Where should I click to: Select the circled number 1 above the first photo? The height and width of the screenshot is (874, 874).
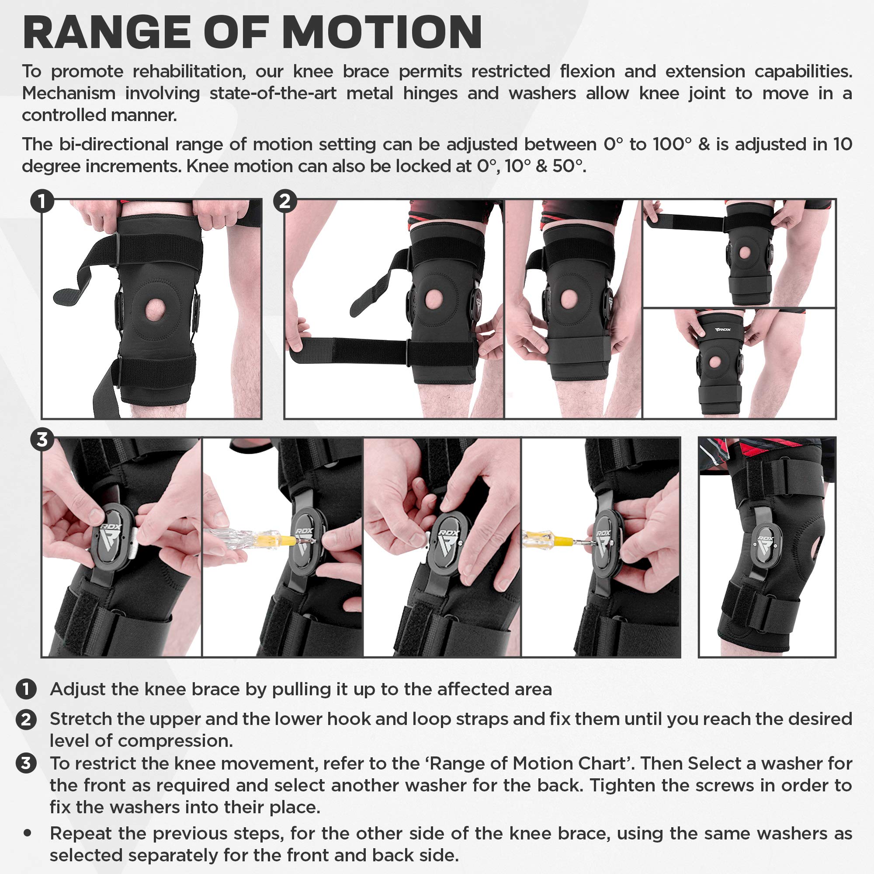click(x=42, y=201)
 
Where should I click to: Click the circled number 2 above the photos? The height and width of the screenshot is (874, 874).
click(x=285, y=201)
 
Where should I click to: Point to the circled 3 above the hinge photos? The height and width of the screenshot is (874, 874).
click(x=42, y=439)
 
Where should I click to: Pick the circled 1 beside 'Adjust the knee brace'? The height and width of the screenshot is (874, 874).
click(x=26, y=690)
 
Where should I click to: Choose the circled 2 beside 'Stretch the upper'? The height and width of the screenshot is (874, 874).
click(x=26, y=720)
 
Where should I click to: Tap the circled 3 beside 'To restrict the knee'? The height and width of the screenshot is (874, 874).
click(x=26, y=763)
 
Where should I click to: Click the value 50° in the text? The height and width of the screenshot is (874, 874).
click(x=569, y=166)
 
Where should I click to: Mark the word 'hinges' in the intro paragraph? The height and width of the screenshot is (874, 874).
click(x=430, y=94)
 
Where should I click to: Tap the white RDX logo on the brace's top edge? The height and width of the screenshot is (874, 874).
click(x=723, y=329)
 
